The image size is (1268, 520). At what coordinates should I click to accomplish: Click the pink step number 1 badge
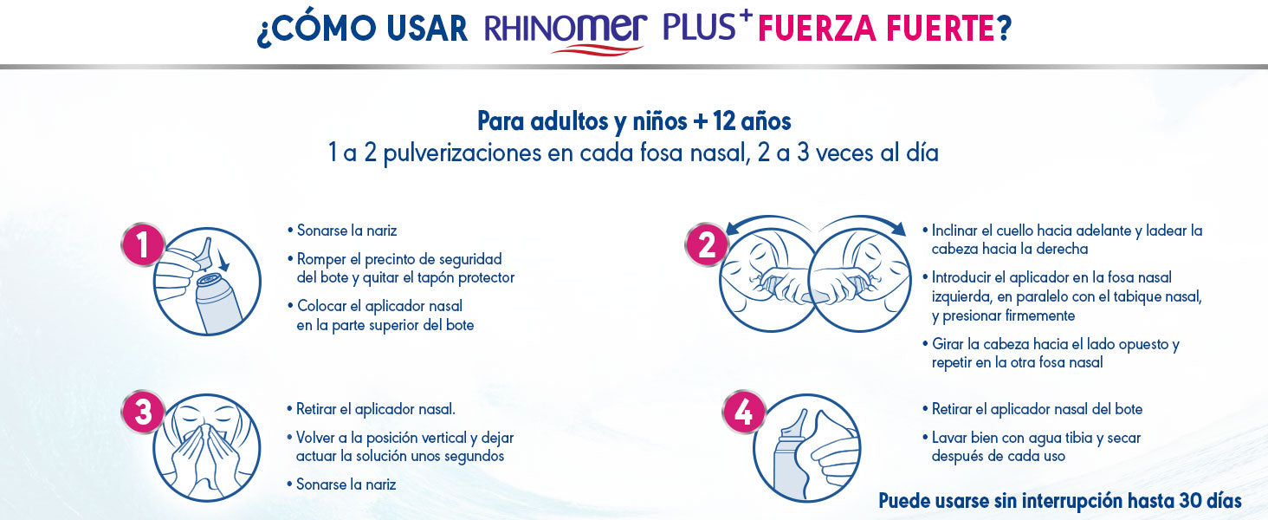pos(143,244)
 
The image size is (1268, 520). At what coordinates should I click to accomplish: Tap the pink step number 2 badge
pos(707,244)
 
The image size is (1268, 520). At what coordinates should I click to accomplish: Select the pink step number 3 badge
pos(143,412)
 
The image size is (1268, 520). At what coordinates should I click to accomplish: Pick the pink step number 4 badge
pos(744,412)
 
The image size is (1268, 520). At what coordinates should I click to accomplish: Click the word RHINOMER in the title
pos(566,29)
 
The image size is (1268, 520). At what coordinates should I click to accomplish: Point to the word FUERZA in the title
pos(818,29)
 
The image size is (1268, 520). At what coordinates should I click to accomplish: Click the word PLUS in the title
pos(700,26)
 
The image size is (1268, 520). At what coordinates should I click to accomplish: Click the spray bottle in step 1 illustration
pos(218,303)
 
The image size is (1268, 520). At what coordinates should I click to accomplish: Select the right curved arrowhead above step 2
pos(898,228)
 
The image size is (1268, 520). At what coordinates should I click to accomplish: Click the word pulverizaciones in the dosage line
pos(462,153)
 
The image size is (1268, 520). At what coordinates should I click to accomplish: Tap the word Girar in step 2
pos(948,344)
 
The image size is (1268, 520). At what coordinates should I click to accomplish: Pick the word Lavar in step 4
pos(949,438)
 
